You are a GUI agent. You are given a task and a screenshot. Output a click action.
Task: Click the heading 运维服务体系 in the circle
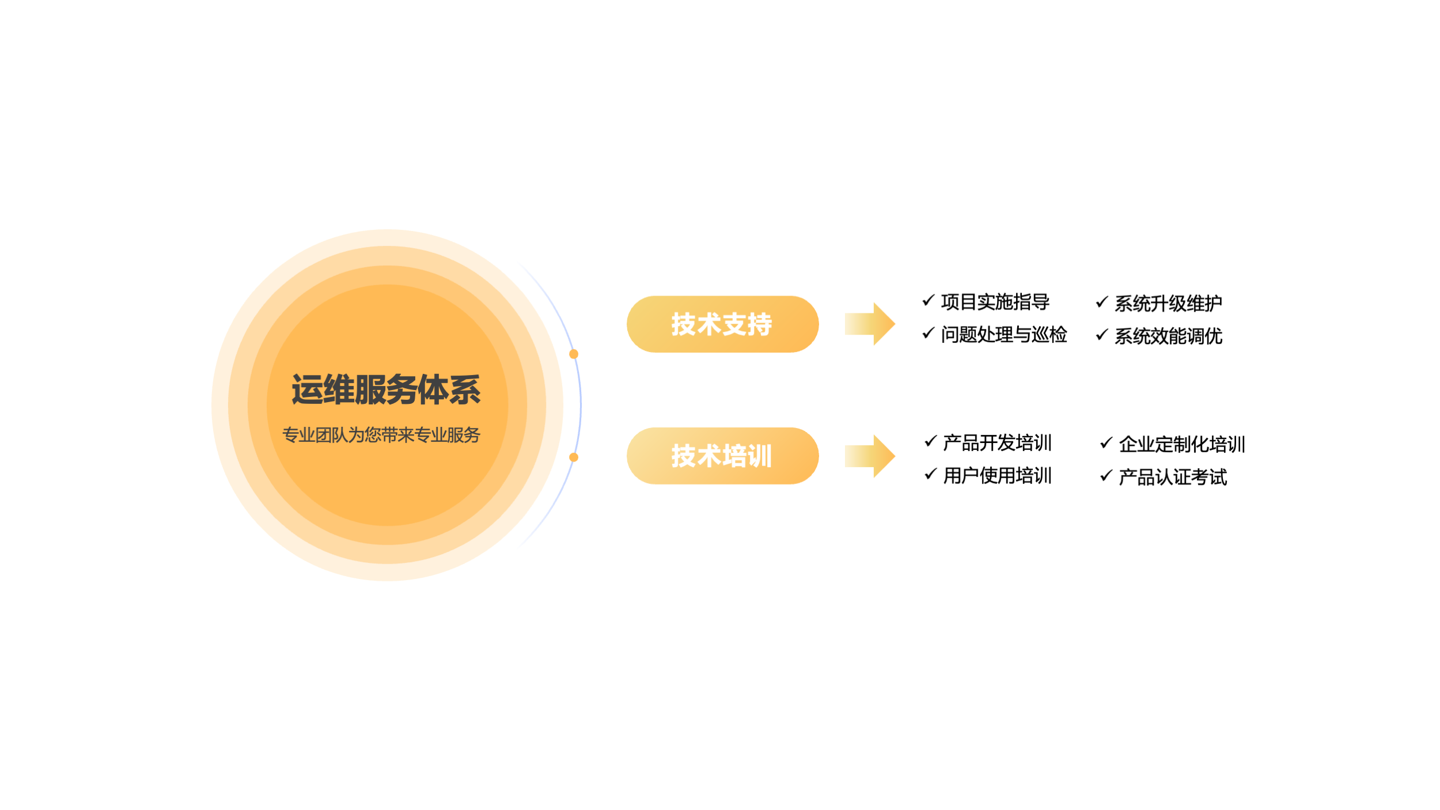(386, 390)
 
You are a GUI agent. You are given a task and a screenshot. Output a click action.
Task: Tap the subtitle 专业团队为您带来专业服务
(381, 435)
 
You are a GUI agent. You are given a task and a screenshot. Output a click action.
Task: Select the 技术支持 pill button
(722, 324)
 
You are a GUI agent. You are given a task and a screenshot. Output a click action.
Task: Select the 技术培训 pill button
(722, 456)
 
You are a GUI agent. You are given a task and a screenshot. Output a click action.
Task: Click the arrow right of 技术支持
(870, 324)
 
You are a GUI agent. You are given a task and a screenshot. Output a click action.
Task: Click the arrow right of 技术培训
(870, 456)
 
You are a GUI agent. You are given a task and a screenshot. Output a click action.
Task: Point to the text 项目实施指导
(995, 302)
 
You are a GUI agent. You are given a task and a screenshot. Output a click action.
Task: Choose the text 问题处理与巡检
(1004, 335)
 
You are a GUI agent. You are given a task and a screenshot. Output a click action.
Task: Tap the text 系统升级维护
(1168, 304)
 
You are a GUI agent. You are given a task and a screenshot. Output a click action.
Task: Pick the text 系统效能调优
(1168, 336)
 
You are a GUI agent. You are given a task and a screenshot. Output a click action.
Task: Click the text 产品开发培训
(998, 443)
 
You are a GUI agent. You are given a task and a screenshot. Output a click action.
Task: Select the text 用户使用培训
(998, 476)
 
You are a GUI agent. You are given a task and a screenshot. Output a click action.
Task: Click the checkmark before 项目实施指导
(928, 300)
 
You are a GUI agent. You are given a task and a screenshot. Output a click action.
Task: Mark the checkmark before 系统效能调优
(1101, 335)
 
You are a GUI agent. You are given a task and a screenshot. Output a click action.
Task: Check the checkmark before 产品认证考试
(1106, 476)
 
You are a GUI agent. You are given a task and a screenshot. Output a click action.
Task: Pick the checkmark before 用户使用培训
(930, 474)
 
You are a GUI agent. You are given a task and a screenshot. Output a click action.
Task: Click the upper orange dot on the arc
(574, 354)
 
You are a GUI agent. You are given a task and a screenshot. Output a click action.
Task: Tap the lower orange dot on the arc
(574, 457)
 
